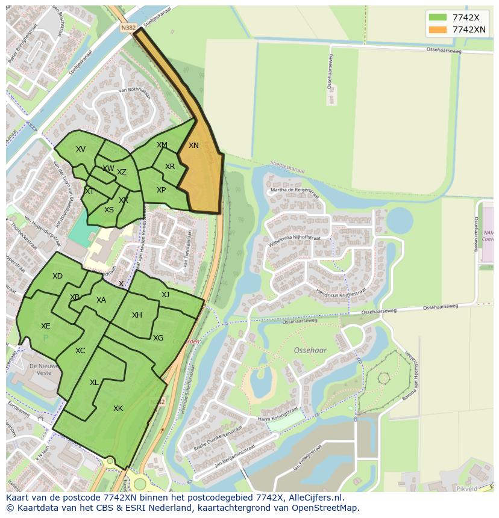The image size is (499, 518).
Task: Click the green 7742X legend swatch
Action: click(438, 17)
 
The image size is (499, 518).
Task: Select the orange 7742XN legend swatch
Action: click(438, 29)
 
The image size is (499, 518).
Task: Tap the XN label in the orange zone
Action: click(193, 146)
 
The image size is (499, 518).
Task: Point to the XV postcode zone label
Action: click(81, 149)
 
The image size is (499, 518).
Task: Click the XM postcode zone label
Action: click(162, 145)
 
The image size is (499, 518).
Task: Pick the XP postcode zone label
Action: click(162, 190)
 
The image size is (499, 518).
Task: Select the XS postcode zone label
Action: click(109, 210)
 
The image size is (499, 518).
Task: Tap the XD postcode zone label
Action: click(57, 276)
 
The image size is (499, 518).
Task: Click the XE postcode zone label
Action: click(46, 326)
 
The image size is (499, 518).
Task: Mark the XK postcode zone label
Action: click(118, 409)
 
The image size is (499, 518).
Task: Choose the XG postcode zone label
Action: click(158, 338)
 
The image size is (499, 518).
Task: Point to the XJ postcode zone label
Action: click(165, 294)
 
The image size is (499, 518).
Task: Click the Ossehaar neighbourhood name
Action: click(310, 350)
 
